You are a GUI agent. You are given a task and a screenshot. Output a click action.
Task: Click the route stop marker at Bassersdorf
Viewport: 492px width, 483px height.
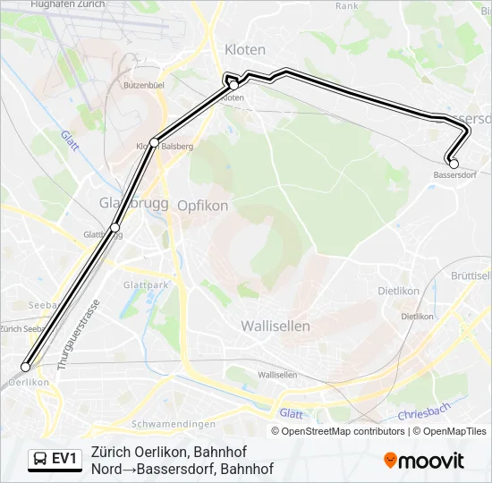(454, 163)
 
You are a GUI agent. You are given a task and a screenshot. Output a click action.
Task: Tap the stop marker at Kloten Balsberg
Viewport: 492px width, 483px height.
(155, 142)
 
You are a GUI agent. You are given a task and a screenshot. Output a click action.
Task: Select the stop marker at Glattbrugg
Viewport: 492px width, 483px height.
(115, 227)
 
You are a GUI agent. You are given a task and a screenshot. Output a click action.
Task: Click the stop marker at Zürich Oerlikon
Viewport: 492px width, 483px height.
(25, 367)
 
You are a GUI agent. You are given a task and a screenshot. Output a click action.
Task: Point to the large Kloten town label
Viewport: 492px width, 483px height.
(245, 49)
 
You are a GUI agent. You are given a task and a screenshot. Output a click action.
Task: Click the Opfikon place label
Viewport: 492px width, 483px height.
(202, 205)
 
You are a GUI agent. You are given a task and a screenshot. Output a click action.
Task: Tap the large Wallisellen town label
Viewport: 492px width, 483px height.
(276, 326)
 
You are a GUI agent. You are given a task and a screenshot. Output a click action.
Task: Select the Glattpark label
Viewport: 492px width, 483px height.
(147, 284)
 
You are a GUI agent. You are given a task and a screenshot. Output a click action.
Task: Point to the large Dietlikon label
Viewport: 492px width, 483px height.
(399, 291)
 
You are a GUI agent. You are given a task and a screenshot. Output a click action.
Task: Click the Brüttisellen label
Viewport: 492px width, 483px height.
(471, 275)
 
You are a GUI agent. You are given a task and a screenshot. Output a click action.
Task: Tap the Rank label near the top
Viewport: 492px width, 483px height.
(346, 5)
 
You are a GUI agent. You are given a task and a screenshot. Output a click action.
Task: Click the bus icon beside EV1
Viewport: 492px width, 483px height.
(40, 459)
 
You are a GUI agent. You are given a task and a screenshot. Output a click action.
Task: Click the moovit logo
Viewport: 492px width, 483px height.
(424, 460)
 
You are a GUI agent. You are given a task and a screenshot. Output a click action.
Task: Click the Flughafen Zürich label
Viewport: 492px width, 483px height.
(67, 5)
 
